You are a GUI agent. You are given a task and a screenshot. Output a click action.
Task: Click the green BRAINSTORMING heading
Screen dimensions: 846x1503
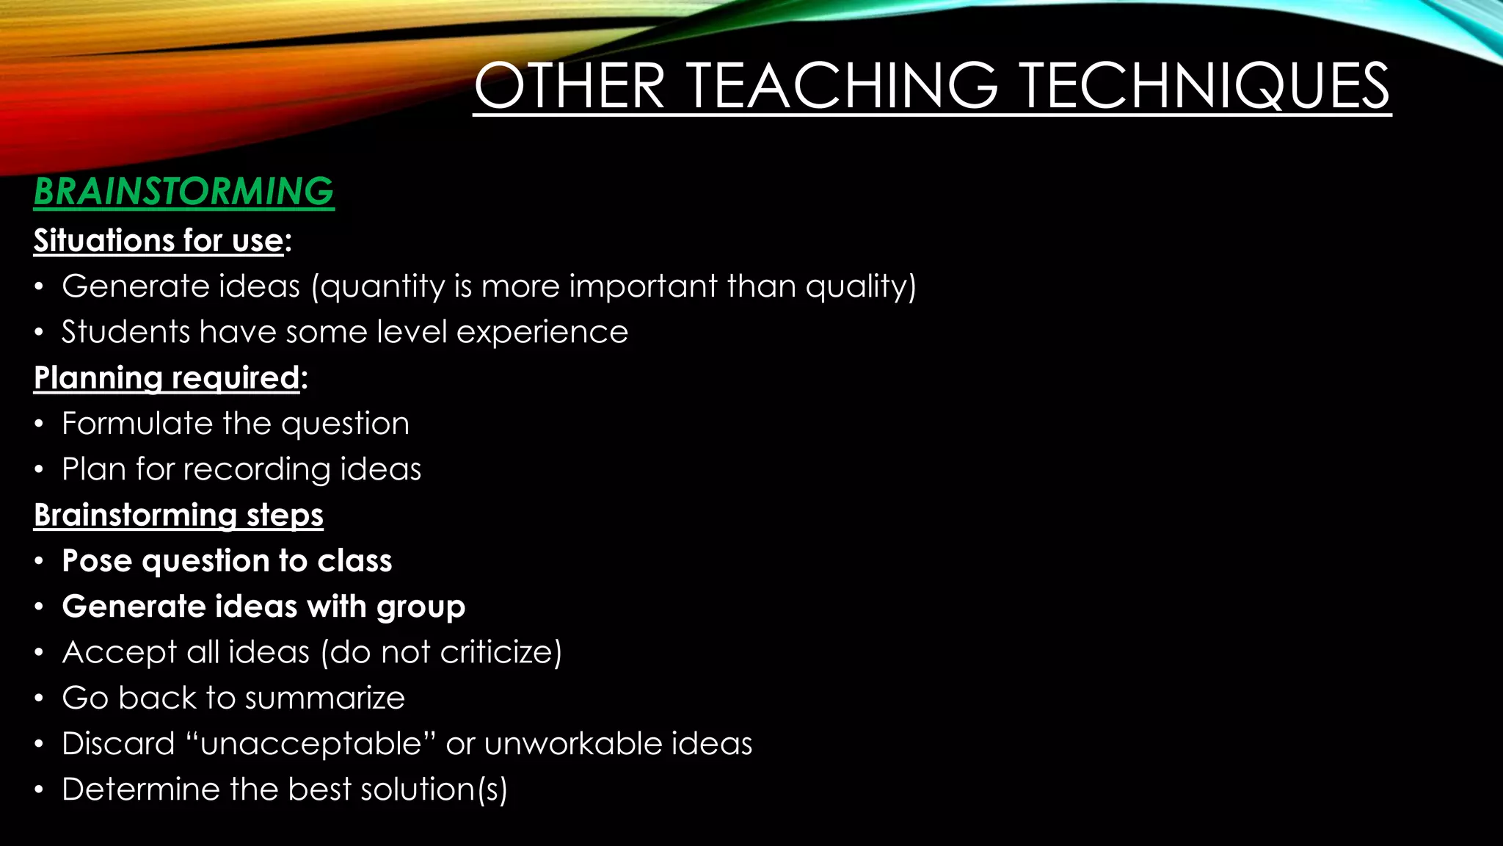pos(183,192)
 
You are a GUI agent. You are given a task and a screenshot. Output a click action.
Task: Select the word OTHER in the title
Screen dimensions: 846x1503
pos(569,87)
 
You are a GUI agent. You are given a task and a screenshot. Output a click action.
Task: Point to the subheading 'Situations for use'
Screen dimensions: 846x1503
pos(159,241)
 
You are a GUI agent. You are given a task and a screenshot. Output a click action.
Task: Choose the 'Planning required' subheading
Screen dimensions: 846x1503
pos(167,378)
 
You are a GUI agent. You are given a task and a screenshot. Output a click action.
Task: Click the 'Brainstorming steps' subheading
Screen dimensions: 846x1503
pos(178,516)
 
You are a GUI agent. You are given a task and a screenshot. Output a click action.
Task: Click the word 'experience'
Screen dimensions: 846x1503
pos(542,333)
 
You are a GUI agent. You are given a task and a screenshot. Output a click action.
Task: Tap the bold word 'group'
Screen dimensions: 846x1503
pos(421,607)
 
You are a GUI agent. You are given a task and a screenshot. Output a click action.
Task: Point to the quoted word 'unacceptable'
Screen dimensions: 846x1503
pos(310,745)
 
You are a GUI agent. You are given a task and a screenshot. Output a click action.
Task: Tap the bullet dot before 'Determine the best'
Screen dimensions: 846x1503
pos(39,790)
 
